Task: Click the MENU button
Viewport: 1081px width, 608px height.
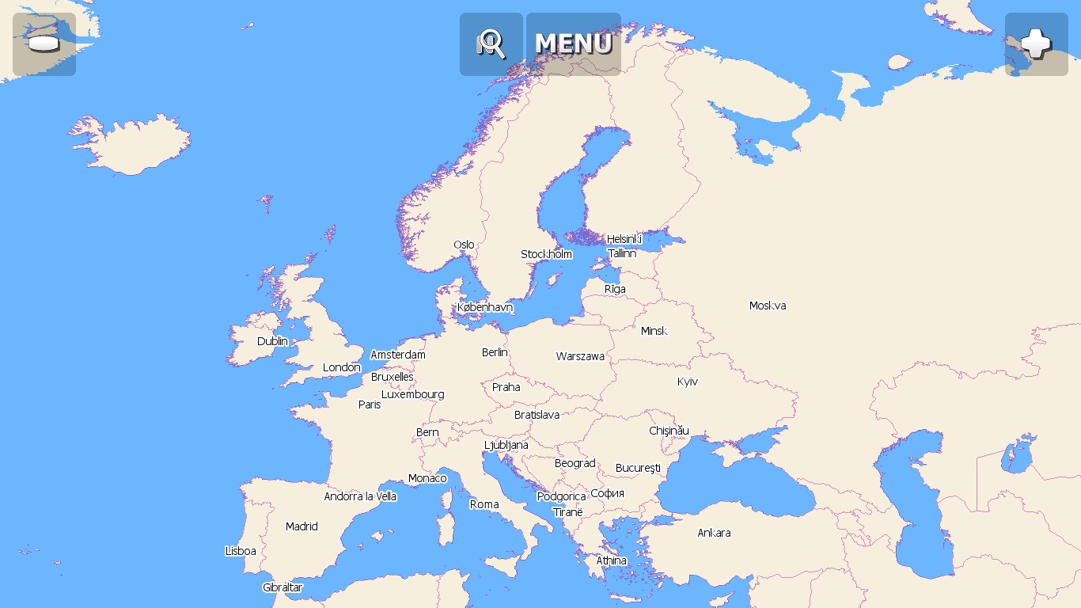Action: point(574,44)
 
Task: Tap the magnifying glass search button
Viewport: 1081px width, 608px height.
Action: point(491,44)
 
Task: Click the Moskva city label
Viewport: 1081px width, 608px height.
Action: point(768,306)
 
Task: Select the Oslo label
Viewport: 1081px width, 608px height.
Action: point(464,245)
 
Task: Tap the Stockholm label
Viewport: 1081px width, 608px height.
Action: point(546,254)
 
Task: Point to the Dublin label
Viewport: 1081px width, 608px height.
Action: point(272,341)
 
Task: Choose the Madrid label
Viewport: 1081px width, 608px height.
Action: point(302,526)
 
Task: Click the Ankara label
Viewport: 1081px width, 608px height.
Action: point(714,533)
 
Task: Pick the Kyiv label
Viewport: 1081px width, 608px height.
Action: point(688,382)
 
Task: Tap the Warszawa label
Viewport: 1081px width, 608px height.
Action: point(580,356)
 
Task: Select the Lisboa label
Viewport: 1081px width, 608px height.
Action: point(241,551)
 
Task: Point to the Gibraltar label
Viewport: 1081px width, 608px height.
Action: point(283,587)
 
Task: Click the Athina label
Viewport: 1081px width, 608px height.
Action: point(611,560)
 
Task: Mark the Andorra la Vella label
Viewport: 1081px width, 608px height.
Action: point(360,496)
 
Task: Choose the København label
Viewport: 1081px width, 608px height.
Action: point(485,307)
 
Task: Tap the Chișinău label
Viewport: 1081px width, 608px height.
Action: point(669,431)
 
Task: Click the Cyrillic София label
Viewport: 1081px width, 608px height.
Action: point(608,493)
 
